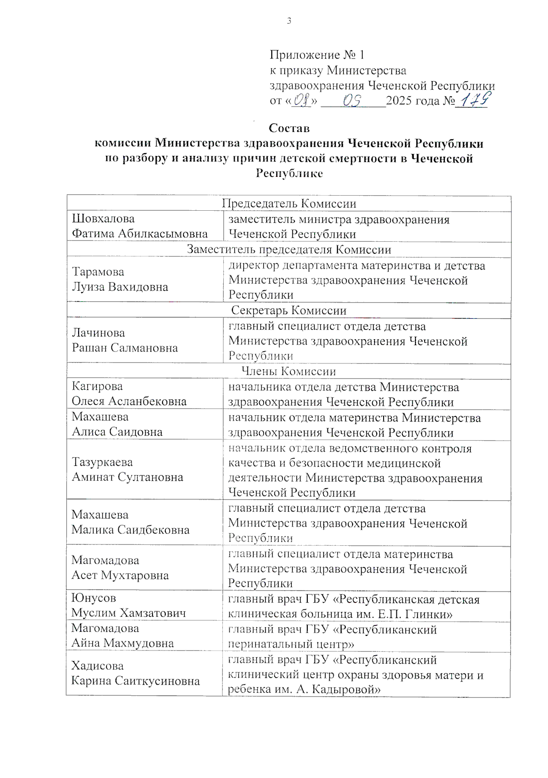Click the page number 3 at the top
(x=289, y=21)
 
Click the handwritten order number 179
(x=475, y=99)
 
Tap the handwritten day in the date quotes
(x=302, y=100)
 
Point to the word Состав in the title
(x=289, y=128)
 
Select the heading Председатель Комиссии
(x=289, y=203)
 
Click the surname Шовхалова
(x=103, y=218)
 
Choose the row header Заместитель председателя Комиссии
(x=289, y=250)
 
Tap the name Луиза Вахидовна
(x=120, y=287)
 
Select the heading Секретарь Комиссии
(x=289, y=310)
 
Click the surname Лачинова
(x=99, y=333)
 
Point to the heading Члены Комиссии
(x=289, y=371)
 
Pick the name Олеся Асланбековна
(x=129, y=401)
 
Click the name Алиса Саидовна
(x=117, y=432)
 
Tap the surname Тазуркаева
(x=102, y=462)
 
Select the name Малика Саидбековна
(x=131, y=530)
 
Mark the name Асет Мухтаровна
(x=120, y=575)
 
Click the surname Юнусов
(x=94, y=598)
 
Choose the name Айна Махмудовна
(x=123, y=643)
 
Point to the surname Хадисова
(x=98, y=666)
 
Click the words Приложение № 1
(x=317, y=55)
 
